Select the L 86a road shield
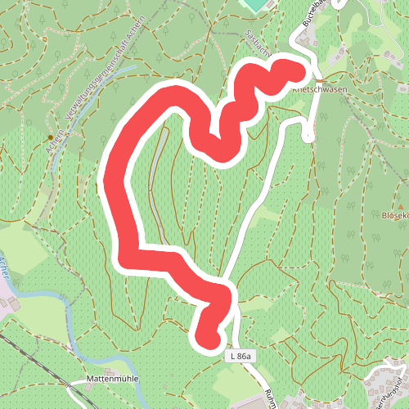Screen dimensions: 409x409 click(x=241, y=356)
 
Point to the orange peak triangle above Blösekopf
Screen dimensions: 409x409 click(x=401, y=204)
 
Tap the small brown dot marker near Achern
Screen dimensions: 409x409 click(x=51, y=137)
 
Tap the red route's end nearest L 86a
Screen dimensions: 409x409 click(x=207, y=335)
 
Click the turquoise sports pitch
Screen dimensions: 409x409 click(x=256, y=4)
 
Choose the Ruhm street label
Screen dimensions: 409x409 click(x=271, y=398)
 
